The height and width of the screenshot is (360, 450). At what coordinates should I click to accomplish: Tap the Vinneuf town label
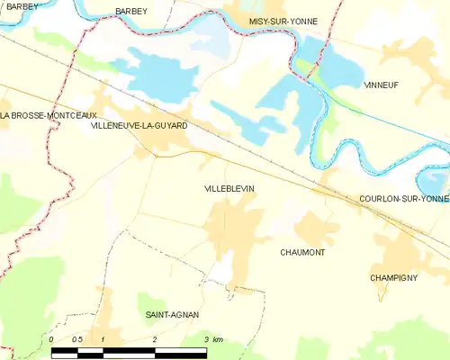pyautogui.click(x=381, y=85)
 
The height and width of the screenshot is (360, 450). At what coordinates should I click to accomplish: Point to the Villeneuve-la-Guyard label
pyautogui.click(x=139, y=126)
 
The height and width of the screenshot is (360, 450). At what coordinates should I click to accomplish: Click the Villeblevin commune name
pyautogui.click(x=229, y=189)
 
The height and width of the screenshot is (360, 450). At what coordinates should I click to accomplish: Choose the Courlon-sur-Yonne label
pyautogui.click(x=403, y=198)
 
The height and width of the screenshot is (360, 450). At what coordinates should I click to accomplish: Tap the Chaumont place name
pyautogui.click(x=302, y=253)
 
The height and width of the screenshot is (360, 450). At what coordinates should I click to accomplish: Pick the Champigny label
pyautogui.click(x=393, y=278)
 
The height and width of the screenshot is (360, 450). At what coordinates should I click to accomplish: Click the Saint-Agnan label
pyautogui.click(x=172, y=315)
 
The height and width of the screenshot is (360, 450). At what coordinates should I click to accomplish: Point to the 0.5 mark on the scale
pyautogui.click(x=77, y=338)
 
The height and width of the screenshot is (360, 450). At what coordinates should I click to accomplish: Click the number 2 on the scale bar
pyautogui.click(x=155, y=338)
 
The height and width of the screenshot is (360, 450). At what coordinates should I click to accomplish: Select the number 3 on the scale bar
pyautogui.click(x=206, y=338)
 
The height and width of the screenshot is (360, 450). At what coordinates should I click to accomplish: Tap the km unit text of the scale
pyautogui.click(x=218, y=338)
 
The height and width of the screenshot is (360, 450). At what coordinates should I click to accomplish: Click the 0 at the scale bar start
pyautogui.click(x=52, y=338)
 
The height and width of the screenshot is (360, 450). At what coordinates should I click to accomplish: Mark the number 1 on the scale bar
pyautogui.click(x=103, y=338)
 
